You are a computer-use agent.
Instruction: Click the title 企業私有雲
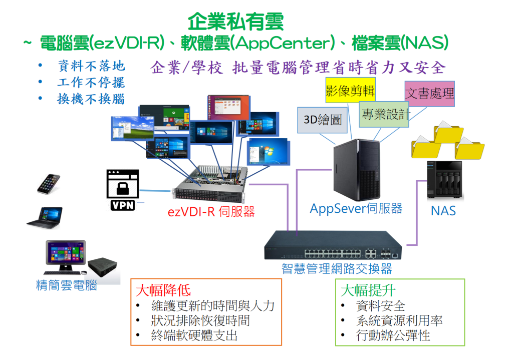(236, 22)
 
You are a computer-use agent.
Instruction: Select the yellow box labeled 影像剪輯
(350, 91)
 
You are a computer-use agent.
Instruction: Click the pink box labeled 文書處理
(429, 94)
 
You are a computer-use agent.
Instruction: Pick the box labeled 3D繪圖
(323, 120)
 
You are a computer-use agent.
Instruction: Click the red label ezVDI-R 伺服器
(211, 212)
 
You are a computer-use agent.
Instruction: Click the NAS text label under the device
(443, 211)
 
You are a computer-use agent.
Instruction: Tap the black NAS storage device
(443, 181)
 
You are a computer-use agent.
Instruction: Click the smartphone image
(49, 184)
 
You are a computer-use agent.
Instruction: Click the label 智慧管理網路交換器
(336, 269)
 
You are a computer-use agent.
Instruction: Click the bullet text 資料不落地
(91, 67)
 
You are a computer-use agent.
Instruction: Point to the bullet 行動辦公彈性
(393, 335)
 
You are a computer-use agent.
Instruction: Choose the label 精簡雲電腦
(66, 285)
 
